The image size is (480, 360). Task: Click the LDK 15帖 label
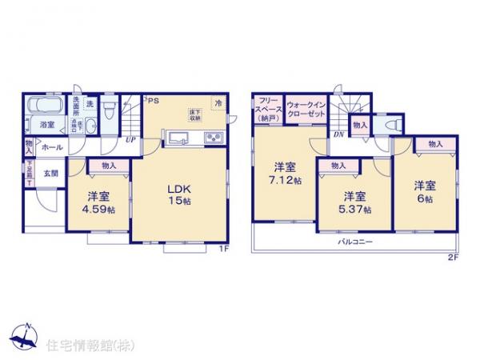pos(177,194)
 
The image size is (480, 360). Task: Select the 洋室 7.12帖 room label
pos(282,174)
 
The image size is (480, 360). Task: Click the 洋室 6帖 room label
pos(425,193)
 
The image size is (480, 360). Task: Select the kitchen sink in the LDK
pos(177,138)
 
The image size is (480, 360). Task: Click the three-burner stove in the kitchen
pos(214,138)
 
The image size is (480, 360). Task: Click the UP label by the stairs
pos(129,141)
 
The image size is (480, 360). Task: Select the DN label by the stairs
pos(339,134)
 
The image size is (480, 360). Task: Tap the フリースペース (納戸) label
pos(266,107)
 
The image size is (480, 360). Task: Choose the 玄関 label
pos(50,172)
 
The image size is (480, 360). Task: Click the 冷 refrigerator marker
pos(218,102)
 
